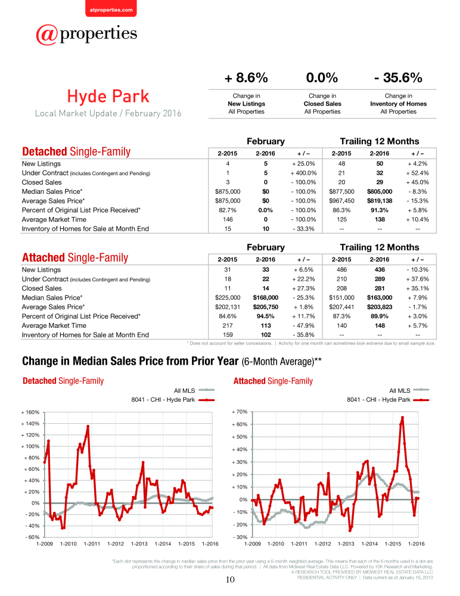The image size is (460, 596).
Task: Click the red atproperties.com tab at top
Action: (x=111, y=8)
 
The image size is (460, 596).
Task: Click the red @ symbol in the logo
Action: (x=47, y=35)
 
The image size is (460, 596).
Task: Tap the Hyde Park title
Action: (x=108, y=96)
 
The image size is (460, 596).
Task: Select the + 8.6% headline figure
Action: (x=246, y=77)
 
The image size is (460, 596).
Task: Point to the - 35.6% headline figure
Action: (x=398, y=77)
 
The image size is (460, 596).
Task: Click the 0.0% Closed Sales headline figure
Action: (x=322, y=77)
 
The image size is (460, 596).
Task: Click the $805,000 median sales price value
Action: (x=380, y=191)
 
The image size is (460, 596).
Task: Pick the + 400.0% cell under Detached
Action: (x=303, y=173)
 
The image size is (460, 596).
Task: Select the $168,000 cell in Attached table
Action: (x=265, y=297)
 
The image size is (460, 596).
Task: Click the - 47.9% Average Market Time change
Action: (x=303, y=326)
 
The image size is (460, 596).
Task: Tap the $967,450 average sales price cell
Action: (x=341, y=201)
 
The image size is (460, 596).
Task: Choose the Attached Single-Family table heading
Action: (x=75, y=257)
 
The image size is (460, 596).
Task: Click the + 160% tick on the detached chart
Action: (x=30, y=412)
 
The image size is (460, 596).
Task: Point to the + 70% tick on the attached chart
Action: (x=240, y=412)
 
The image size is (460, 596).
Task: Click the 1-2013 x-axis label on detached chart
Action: (x=139, y=544)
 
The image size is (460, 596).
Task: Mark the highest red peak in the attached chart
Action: (x=402, y=417)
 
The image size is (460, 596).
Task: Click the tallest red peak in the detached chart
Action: (x=88, y=427)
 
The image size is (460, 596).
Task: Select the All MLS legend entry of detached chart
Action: (x=194, y=390)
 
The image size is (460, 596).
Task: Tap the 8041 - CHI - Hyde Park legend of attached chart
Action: (x=388, y=400)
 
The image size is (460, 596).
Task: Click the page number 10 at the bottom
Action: (x=230, y=580)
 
